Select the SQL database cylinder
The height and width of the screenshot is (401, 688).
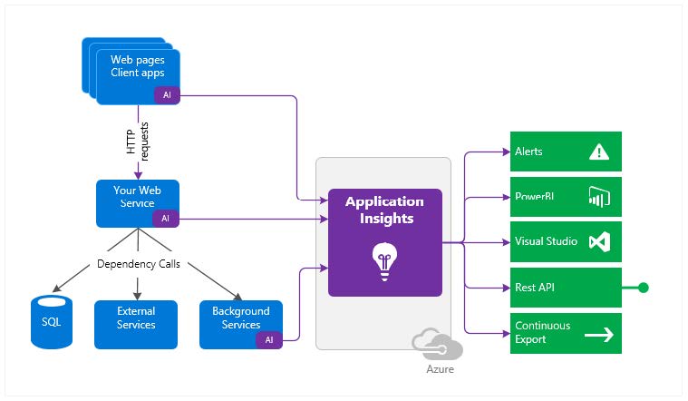click(x=51, y=323)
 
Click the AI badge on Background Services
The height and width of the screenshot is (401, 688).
click(x=269, y=339)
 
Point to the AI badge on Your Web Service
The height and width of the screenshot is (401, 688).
click(x=165, y=219)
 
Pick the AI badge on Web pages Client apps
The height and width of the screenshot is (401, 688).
click(x=165, y=94)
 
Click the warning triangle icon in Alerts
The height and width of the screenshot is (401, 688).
click(x=599, y=152)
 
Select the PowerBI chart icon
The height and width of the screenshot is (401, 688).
click(x=598, y=197)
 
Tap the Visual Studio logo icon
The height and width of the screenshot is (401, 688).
click(x=598, y=242)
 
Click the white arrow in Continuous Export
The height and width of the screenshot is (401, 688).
click(x=598, y=334)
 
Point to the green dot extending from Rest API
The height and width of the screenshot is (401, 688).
click(x=644, y=288)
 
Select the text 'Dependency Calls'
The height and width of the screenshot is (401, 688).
click(x=137, y=265)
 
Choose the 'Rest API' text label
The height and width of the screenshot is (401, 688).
click(x=536, y=288)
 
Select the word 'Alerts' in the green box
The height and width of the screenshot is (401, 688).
click(x=528, y=152)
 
